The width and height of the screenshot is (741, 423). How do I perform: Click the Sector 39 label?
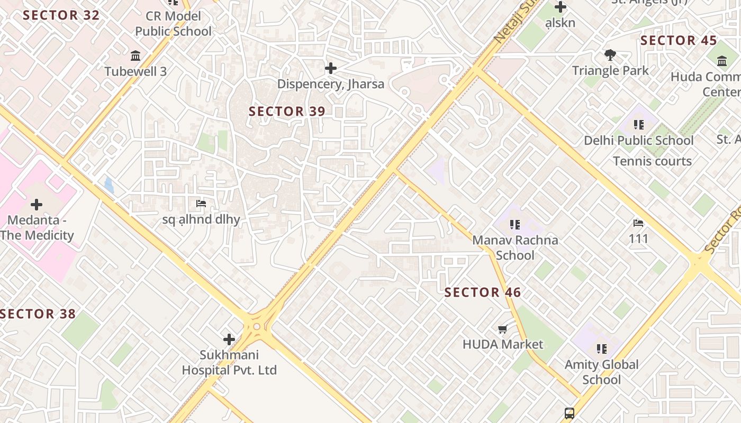pos(287,112)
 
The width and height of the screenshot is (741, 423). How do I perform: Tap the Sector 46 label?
pos(482,292)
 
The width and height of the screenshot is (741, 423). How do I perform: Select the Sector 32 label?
pos(61,15)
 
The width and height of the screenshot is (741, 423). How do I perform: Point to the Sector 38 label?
pos(38,314)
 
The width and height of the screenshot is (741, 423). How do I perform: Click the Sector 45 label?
pos(679,41)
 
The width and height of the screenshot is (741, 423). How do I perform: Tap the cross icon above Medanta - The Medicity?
pos(37,204)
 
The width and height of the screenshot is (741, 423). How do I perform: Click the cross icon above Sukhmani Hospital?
pos(229,339)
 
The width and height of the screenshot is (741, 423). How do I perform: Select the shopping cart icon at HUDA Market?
pos(503,329)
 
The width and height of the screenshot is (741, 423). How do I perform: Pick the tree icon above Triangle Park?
pos(610,55)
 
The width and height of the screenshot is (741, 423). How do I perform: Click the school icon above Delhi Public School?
pos(639,125)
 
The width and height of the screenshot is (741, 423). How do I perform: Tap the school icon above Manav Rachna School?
pos(515,225)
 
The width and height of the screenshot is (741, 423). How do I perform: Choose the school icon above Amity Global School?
pos(602,349)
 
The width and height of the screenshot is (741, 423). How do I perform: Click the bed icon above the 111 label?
pos(638,223)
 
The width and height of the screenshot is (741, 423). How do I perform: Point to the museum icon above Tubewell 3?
pos(135,56)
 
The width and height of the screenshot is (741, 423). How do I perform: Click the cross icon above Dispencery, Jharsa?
pos(331,68)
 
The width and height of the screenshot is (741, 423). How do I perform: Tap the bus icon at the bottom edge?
pos(570,413)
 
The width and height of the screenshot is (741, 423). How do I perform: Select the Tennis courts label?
pos(652,161)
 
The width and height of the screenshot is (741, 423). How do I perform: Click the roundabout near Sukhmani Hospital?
pos(257,326)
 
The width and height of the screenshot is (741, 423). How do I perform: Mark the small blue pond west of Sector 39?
pos(109,185)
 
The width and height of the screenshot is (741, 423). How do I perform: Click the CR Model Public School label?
pos(173,24)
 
